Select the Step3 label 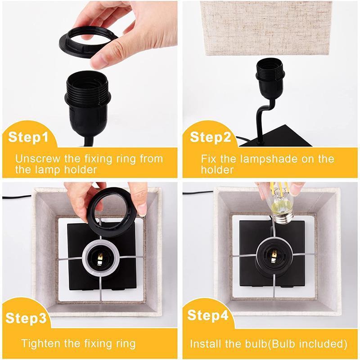click(27, 318)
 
